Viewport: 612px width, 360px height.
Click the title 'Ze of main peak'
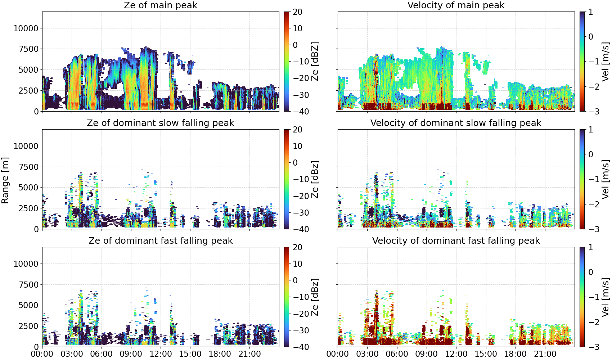pos(160,5)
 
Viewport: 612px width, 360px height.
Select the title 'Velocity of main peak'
pos(456,5)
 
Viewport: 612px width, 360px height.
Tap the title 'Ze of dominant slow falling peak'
pos(160,123)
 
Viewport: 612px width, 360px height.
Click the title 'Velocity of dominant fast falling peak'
pos(456,240)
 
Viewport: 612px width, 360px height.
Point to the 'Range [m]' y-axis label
pos(5,180)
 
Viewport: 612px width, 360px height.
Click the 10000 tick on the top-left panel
pos(26,28)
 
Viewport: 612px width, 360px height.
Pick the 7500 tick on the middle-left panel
pos(28,167)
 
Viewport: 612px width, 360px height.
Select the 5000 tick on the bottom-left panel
pos(28,305)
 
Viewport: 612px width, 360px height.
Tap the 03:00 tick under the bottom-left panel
pos(72,354)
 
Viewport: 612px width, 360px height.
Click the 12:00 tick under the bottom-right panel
pos(456,354)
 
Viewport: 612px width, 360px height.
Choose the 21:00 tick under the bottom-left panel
pos(250,354)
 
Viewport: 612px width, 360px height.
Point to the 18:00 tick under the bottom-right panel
pos(516,354)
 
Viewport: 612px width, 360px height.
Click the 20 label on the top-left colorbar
pos(297,12)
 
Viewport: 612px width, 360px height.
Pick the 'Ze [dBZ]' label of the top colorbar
pos(315,62)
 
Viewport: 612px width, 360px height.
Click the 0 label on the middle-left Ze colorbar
pos(295,163)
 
